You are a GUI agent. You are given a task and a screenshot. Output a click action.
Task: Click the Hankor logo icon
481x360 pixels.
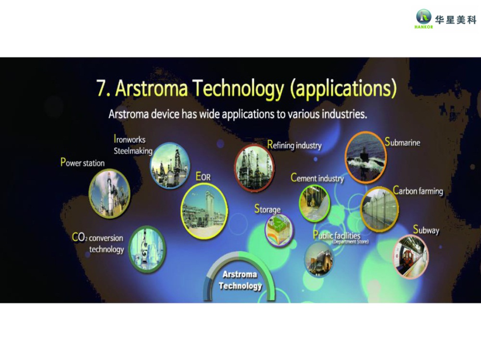(424, 17)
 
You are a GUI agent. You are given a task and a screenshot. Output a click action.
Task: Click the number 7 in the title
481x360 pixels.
(101, 88)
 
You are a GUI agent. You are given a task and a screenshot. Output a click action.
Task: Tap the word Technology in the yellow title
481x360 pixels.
(238, 89)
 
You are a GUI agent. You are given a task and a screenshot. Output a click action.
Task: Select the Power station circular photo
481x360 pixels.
(110, 194)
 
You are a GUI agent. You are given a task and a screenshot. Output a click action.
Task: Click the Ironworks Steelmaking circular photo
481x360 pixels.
(170, 165)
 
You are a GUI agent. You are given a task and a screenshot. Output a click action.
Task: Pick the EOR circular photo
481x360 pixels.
(204, 211)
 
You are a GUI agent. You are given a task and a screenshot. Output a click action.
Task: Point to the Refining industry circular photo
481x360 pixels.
(254, 168)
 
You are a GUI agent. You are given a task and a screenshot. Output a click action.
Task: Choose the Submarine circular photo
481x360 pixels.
(366, 157)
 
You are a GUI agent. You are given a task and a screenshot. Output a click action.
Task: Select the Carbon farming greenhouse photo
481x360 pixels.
(380, 209)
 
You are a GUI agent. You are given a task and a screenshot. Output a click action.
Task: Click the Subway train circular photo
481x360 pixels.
(410, 257)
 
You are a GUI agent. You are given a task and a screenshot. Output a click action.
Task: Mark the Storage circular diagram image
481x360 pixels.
(279, 230)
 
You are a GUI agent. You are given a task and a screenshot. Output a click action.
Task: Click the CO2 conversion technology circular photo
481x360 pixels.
(147, 248)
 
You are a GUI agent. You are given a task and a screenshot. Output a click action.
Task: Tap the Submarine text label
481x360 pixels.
(403, 142)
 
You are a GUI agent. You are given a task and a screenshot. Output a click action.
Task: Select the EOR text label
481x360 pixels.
(203, 176)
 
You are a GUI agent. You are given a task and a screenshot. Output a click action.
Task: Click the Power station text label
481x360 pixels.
(83, 162)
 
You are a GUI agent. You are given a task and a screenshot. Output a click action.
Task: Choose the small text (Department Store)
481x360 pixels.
(350, 242)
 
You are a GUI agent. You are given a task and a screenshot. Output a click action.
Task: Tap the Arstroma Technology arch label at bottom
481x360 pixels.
(240, 280)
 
